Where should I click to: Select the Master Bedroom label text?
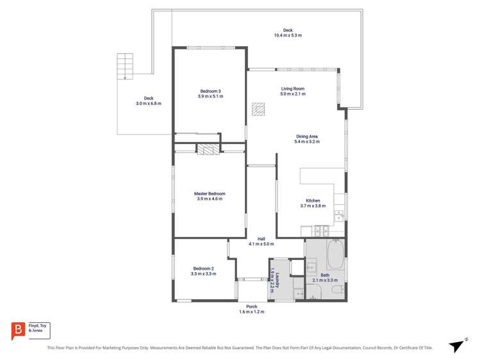click(x=210, y=193)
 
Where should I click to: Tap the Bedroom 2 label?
click(x=203, y=268)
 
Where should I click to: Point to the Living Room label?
click(x=292, y=88)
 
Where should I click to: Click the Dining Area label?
click(x=307, y=136)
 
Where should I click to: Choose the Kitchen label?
click(x=313, y=200)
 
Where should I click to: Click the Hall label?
click(x=261, y=239)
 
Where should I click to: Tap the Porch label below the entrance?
click(x=251, y=306)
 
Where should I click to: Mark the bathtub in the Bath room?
click(x=336, y=255)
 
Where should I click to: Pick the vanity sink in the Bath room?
click(x=312, y=267)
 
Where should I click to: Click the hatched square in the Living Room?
click(x=258, y=109)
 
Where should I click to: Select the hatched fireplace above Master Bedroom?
click(x=207, y=149)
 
